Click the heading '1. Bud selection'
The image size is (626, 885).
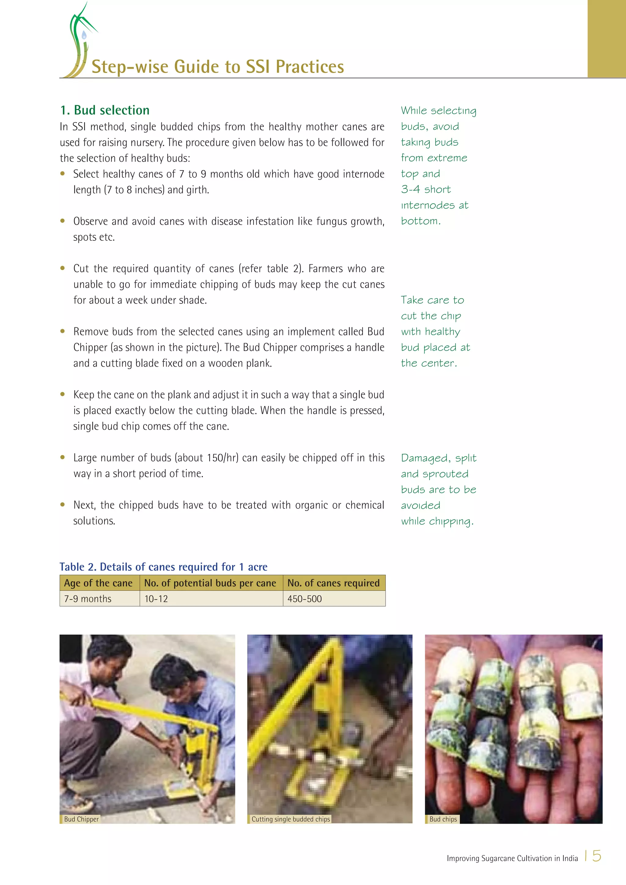(x=105, y=110)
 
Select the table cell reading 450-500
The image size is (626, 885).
(x=304, y=599)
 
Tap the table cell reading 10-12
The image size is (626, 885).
(x=156, y=599)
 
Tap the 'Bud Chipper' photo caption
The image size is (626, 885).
(x=81, y=819)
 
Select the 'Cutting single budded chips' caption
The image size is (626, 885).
(x=290, y=819)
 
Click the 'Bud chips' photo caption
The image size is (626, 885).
(x=443, y=819)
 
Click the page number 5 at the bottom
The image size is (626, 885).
(x=597, y=856)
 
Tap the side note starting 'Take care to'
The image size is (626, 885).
(x=434, y=331)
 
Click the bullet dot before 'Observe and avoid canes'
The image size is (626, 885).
(x=62, y=221)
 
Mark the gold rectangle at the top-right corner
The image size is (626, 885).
(x=606, y=38)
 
